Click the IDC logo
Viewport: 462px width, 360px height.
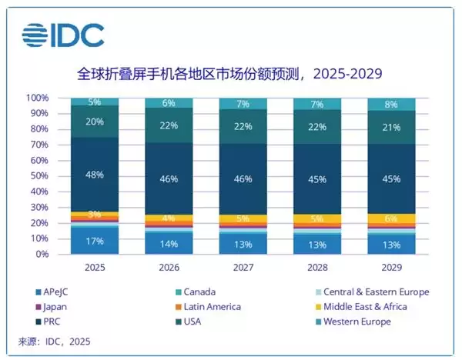pyautogui.click(x=64, y=35)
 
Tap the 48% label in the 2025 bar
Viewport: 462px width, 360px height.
pyautogui.click(x=95, y=175)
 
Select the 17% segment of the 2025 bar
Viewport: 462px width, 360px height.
pyautogui.click(x=95, y=241)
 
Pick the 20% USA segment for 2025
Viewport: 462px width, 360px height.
pyautogui.click(x=95, y=121)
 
